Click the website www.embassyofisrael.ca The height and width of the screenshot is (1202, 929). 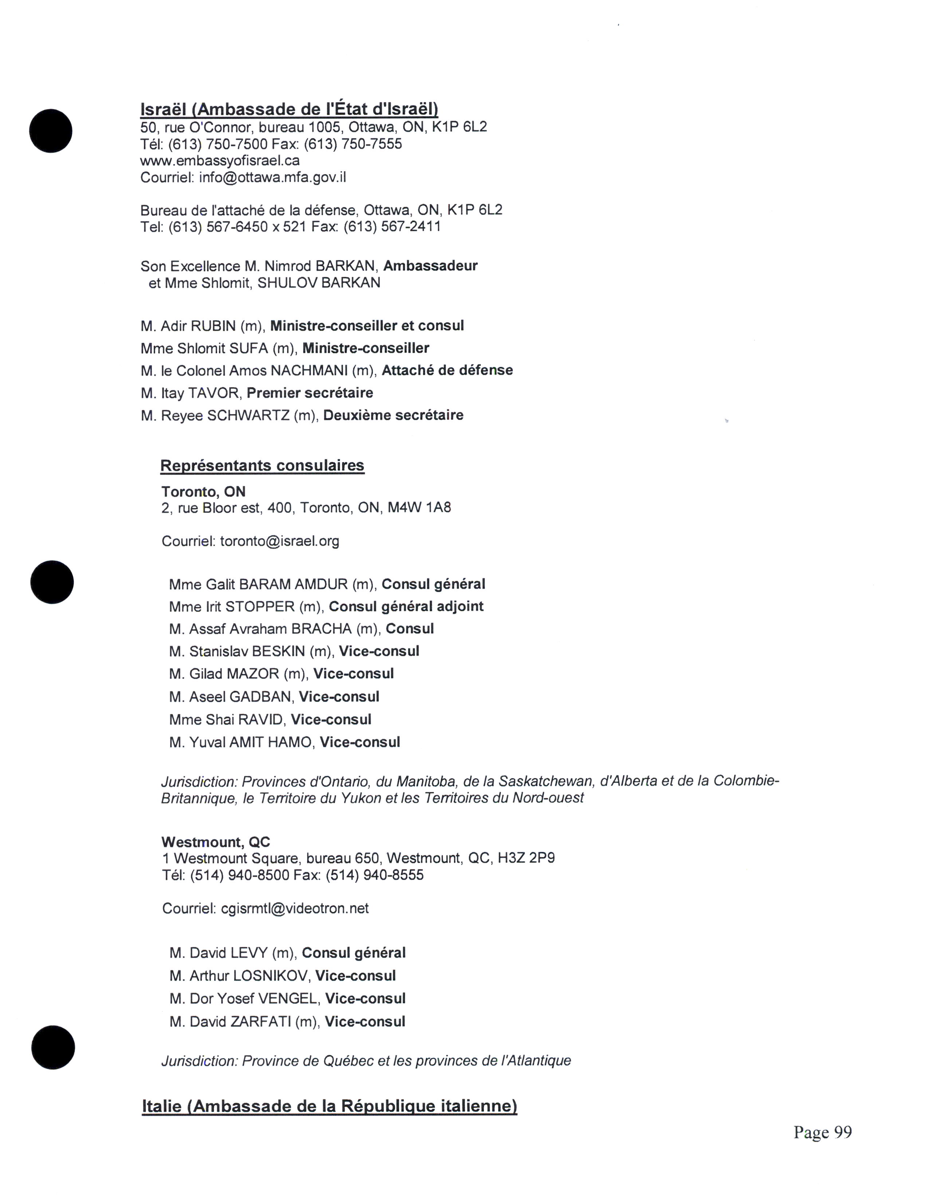(x=220, y=161)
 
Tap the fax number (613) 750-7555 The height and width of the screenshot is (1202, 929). (x=353, y=144)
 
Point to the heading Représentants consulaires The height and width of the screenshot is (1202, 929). (x=262, y=466)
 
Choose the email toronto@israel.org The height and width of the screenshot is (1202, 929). (x=279, y=541)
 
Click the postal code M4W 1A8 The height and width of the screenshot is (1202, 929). (x=419, y=507)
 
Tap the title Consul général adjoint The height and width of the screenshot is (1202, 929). (x=406, y=606)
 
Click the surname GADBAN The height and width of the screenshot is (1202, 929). (x=261, y=697)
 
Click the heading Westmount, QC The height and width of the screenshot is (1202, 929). (x=216, y=842)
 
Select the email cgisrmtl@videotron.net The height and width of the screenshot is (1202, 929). (x=294, y=908)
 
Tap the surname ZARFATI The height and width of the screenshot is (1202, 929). (x=260, y=1021)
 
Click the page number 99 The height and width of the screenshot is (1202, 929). (x=843, y=1132)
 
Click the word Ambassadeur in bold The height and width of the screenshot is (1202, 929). (x=430, y=266)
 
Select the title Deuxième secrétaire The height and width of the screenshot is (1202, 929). (x=393, y=415)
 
